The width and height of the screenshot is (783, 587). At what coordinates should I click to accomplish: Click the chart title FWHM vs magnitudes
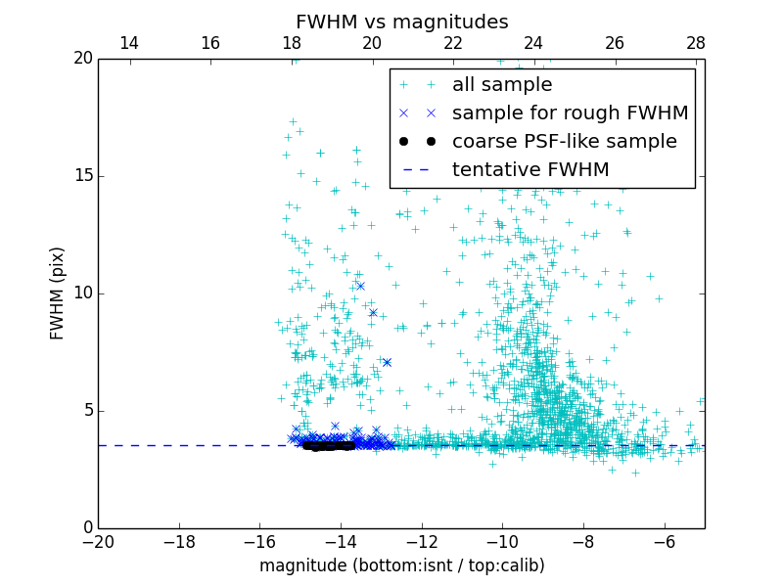click(401, 22)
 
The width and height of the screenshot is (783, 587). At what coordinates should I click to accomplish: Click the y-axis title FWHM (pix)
click(58, 293)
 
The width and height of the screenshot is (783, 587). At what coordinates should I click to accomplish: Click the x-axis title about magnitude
click(401, 565)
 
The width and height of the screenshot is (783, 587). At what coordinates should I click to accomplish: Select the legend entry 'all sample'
click(501, 85)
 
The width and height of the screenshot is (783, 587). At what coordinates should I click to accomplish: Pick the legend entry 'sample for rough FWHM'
click(570, 113)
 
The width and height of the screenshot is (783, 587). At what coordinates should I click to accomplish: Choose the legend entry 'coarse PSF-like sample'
click(564, 142)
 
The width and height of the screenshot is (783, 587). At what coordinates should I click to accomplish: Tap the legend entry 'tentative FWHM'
click(530, 170)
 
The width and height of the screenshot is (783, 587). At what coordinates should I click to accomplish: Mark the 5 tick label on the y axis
click(87, 410)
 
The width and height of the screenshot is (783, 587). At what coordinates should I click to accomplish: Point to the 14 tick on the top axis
click(129, 43)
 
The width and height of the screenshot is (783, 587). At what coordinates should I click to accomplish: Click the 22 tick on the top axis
click(453, 43)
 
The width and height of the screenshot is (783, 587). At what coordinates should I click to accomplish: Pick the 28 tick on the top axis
click(696, 43)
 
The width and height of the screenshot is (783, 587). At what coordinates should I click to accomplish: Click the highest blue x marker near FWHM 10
click(360, 286)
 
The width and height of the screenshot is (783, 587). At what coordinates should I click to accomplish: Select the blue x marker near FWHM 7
click(387, 362)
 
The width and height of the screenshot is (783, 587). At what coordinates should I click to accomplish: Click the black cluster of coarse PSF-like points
click(328, 445)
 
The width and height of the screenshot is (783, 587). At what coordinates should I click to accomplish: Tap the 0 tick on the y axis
click(87, 527)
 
